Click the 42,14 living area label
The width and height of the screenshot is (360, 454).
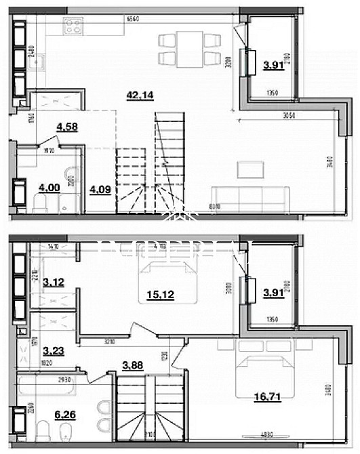point(138,95)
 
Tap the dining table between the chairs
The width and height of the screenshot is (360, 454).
point(190,49)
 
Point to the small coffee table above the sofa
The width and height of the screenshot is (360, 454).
point(248,166)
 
